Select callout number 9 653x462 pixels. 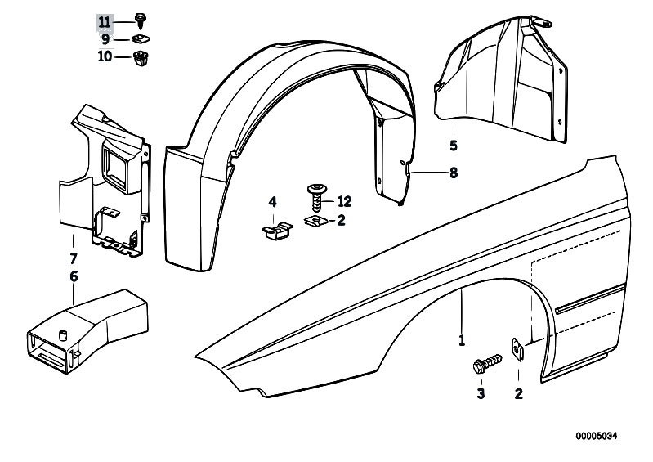(105, 39)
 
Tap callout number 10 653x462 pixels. (105, 56)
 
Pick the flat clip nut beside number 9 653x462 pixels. (139, 39)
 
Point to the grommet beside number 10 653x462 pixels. (140, 57)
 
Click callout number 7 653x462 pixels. (74, 258)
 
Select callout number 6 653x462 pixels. (74, 276)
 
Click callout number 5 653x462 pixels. (453, 146)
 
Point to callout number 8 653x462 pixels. (453, 173)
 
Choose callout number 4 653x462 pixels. (273, 201)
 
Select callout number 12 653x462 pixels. (343, 201)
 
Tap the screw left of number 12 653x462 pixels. (316, 196)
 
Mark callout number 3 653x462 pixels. (481, 394)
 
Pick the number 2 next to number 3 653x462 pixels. (518, 394)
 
